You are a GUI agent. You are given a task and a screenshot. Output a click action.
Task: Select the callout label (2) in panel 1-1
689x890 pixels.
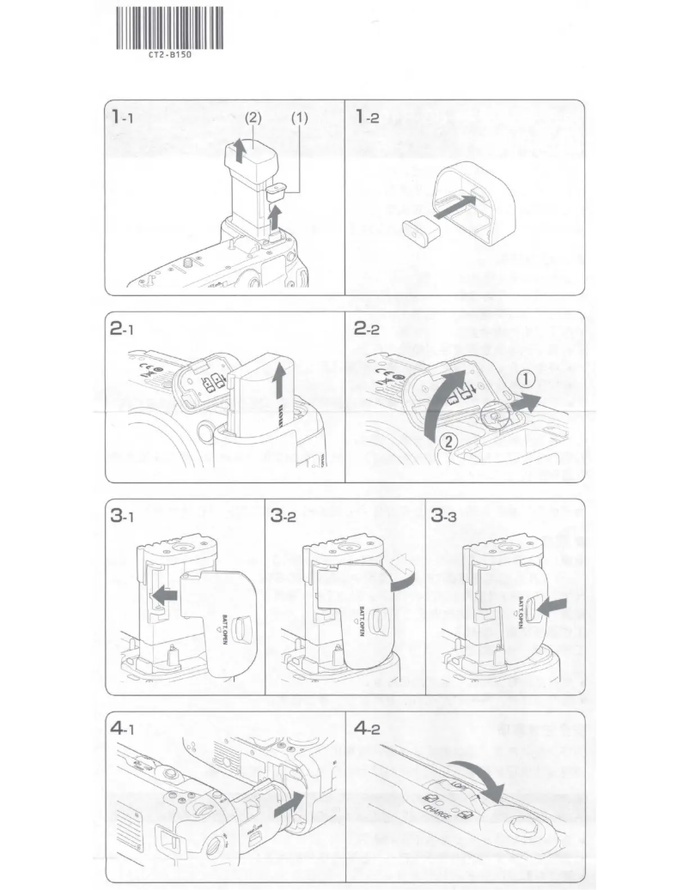[253, 118]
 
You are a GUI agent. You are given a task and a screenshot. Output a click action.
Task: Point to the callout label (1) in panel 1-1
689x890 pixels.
[299, 118]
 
